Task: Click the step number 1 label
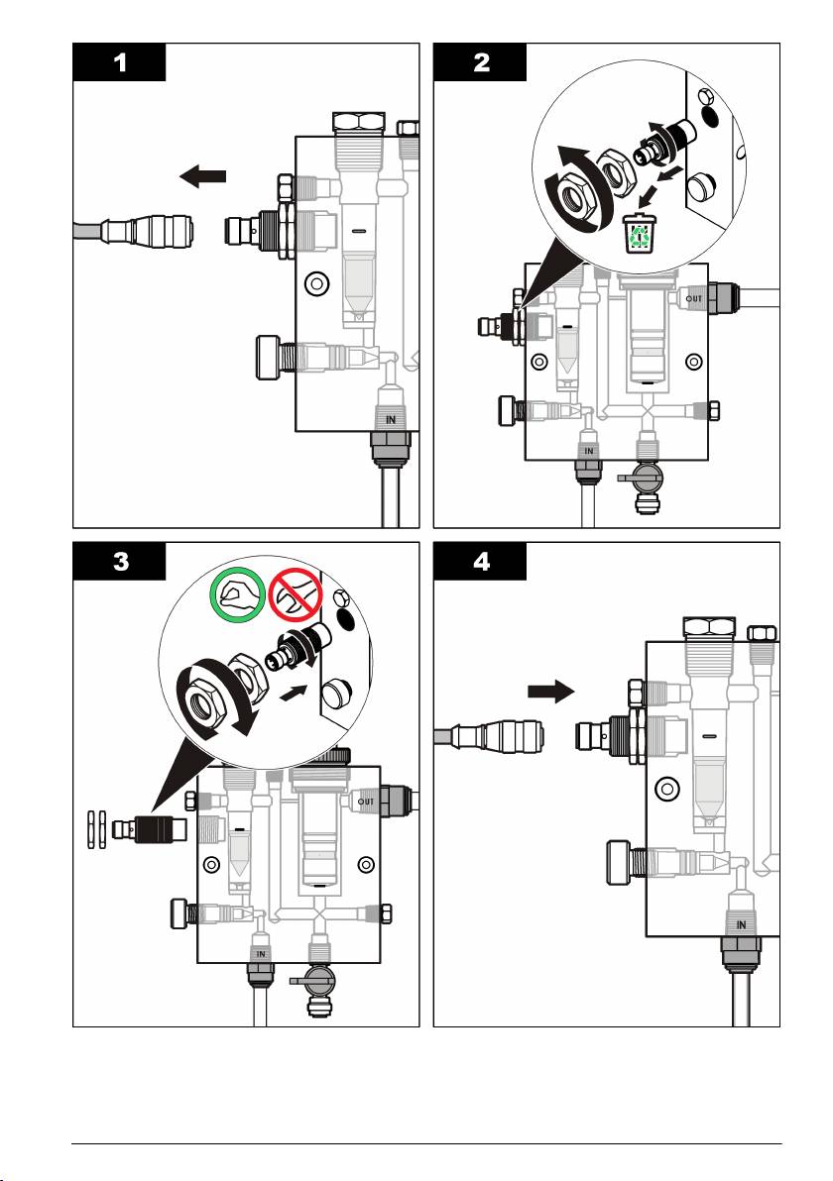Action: [x=120, y=61]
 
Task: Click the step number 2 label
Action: [x=482, y=61]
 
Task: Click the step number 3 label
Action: [x=120, y=562]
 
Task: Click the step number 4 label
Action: [x=482, y=562]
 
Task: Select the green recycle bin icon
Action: [x=640, y=234]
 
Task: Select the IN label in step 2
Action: [x=588, y=451]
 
